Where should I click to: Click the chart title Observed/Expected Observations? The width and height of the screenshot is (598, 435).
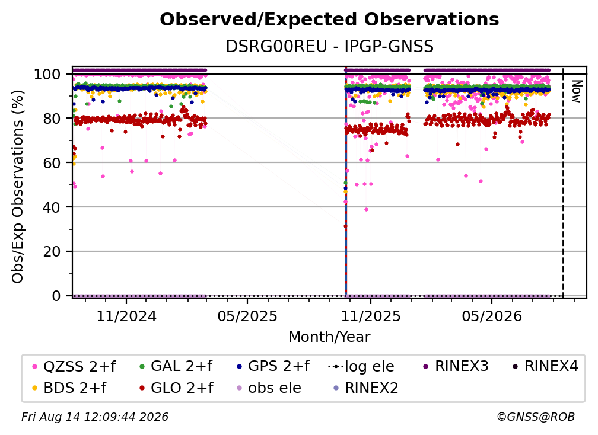pos(329,20)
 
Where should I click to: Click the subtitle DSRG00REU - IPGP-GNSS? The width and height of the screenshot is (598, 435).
pos(329,46)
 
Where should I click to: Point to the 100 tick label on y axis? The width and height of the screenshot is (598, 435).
pos(47,74)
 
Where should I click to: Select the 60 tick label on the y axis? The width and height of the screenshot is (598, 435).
pos(52,163)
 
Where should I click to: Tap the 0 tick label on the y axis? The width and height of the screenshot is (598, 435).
pos(56,296)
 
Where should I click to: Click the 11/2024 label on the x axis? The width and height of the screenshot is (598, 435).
pos(126,316)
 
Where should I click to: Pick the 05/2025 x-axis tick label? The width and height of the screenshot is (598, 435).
pos(247,316)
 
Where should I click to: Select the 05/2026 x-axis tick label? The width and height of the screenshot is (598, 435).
pos(492,316)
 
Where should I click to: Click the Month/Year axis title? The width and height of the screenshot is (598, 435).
pos(329,337)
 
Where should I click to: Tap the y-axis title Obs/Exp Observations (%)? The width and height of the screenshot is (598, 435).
pos(18,187)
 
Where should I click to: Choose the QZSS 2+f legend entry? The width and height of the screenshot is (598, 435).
pos(74,366)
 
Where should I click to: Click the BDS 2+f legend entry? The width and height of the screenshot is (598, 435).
pos(69,388)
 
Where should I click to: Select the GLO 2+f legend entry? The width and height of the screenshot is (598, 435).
pos(177,388)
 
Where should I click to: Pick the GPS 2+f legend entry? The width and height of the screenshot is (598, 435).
pos(273,366)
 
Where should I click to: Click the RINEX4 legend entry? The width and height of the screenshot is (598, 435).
pos(545,366)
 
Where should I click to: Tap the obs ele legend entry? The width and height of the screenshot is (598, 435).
pos(267,388)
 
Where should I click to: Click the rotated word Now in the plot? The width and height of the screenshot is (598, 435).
pos(576,91)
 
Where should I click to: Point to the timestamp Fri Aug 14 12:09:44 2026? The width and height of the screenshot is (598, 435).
pos(95,417)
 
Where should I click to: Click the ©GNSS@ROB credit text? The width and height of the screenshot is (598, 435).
pos(536,417)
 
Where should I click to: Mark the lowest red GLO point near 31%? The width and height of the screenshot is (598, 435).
pos(345,226)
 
